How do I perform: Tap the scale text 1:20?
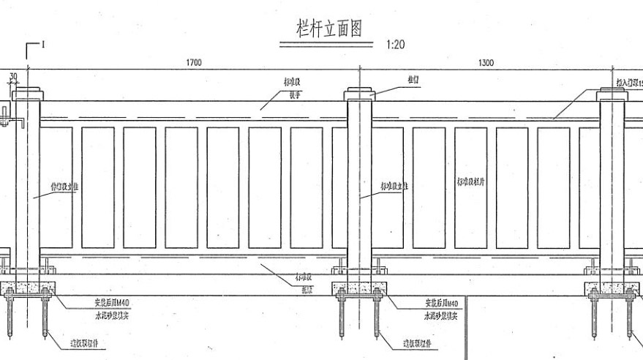(395, 45)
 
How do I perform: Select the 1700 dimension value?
(194, 63)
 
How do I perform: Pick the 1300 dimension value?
(486, 63)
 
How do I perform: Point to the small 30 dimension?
(13, 75)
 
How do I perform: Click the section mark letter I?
(43, 45)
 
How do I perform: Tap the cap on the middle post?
(359, 94)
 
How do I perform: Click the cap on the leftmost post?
(28, 94)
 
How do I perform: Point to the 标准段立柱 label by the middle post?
(394, 187)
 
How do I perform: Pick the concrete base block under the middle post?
(359, 288)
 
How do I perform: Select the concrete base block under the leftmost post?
(28, 288)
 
